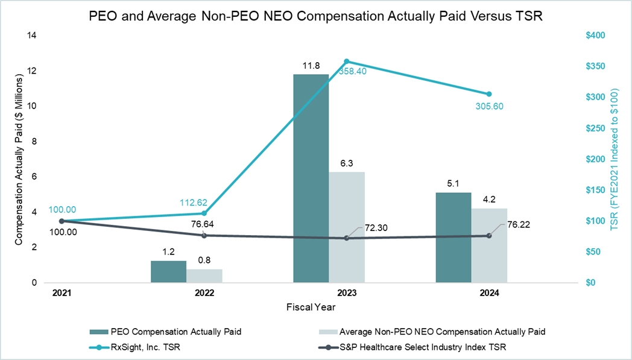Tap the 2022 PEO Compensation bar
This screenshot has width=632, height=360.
point(168,271)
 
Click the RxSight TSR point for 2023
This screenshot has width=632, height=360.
point(347,62)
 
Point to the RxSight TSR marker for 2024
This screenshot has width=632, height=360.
point(489,94)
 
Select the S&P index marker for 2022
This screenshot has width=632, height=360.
point(204,235)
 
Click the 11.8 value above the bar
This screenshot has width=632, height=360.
point(311,65)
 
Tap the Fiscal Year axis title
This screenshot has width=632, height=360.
point(311,307)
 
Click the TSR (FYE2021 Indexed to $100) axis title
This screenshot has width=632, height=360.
point(615,159)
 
